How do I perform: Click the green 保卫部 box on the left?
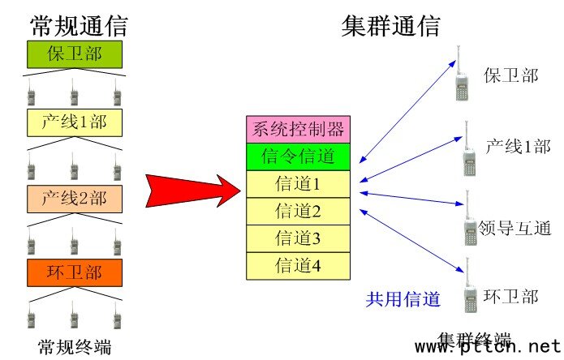pos(74,54)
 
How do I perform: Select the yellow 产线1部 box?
pos(74,123)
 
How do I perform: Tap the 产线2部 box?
pos(74,197)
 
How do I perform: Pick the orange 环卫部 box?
pos(74,271)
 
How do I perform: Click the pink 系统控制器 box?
pos(298,128)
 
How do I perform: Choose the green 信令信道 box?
pos(298,156)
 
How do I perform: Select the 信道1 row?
pos(298,184)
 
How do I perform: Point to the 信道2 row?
pos(298,212)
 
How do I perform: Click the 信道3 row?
pos(298,238)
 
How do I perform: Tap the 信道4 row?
pos(298,265)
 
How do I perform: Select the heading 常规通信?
pos(79,25)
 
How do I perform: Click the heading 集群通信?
pos(391,25)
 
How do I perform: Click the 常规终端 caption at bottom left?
pos(74,347)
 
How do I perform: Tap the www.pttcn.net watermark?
pos(488,347)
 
